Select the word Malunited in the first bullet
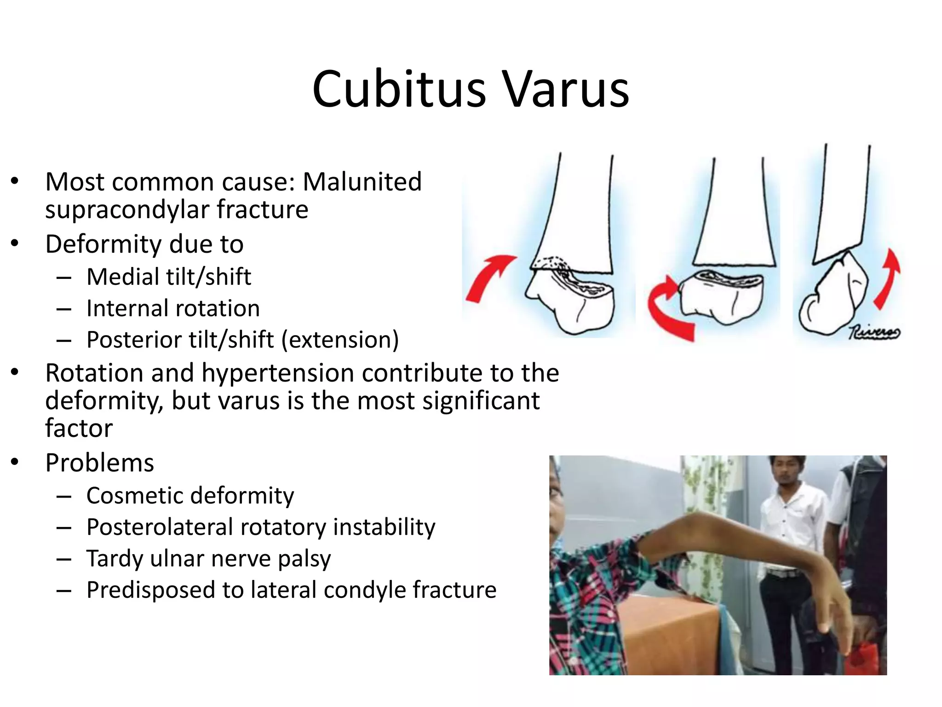[x=362, y=181]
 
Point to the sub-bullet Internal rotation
[x=173, y=308]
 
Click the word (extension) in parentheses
[x=340, y=340]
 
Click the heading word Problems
[x=99, y=463]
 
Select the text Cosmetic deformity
[x=190, y=496]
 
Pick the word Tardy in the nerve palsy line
[x=115, y=559]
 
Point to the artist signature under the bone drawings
[x=873, y=332]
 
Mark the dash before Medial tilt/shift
[x=64, y=278]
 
